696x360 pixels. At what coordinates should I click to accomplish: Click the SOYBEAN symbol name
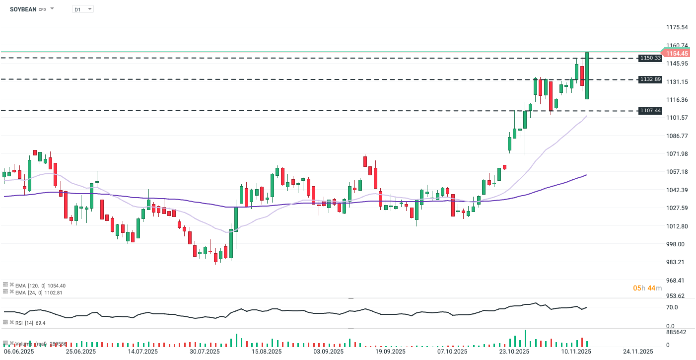pos(23,9)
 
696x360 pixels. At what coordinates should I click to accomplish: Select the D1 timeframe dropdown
pos(82,9)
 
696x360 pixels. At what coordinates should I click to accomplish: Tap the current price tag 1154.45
pos(677,53)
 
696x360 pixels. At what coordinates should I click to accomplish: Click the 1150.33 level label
pos(650,58)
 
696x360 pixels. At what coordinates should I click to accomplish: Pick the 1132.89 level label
pos(650,79)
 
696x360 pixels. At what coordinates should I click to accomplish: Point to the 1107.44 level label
pos(650,111)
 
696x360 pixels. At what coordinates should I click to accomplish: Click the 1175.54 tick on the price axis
pos(677,27)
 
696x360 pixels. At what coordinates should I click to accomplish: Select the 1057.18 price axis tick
pos(677,172)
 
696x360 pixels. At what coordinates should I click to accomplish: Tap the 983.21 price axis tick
pos(677,262)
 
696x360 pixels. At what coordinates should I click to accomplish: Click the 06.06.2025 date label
pos(19,352)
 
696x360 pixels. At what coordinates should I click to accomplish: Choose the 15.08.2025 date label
pos(266,352)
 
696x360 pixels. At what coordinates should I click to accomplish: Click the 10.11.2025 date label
pos(576,352)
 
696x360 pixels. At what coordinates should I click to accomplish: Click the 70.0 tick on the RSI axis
pos(672,307)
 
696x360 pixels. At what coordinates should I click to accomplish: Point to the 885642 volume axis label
pos(676,332)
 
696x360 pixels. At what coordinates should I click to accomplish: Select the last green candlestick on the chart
pos(587,75)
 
